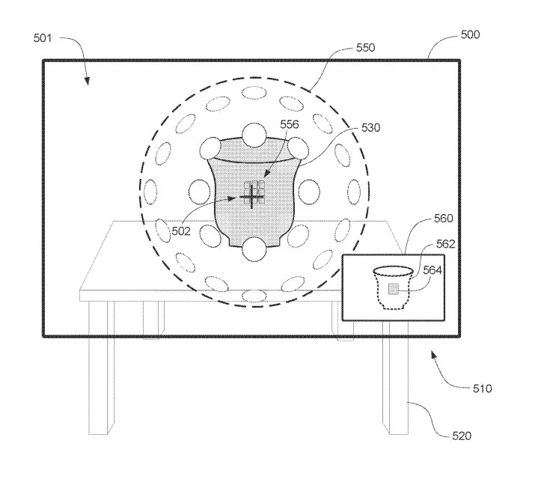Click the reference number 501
tap(43, 38)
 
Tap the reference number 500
tap(470, 34)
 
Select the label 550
tap(365, 47)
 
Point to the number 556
tap(290, 124)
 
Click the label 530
tap(371, 127)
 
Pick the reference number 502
tap(181, 231)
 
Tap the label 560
tap(443, 219)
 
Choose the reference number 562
tap(446, 244)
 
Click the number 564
tap(432, 270)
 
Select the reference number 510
tap(482, 388)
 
